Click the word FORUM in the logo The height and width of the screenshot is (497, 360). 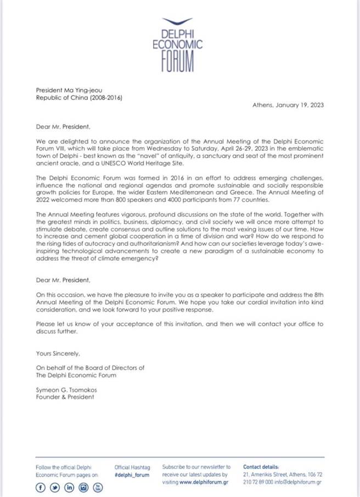coord(178,61)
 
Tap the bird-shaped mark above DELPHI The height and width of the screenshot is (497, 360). coord(178,20)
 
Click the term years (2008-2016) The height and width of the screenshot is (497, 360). coord(104,98)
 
